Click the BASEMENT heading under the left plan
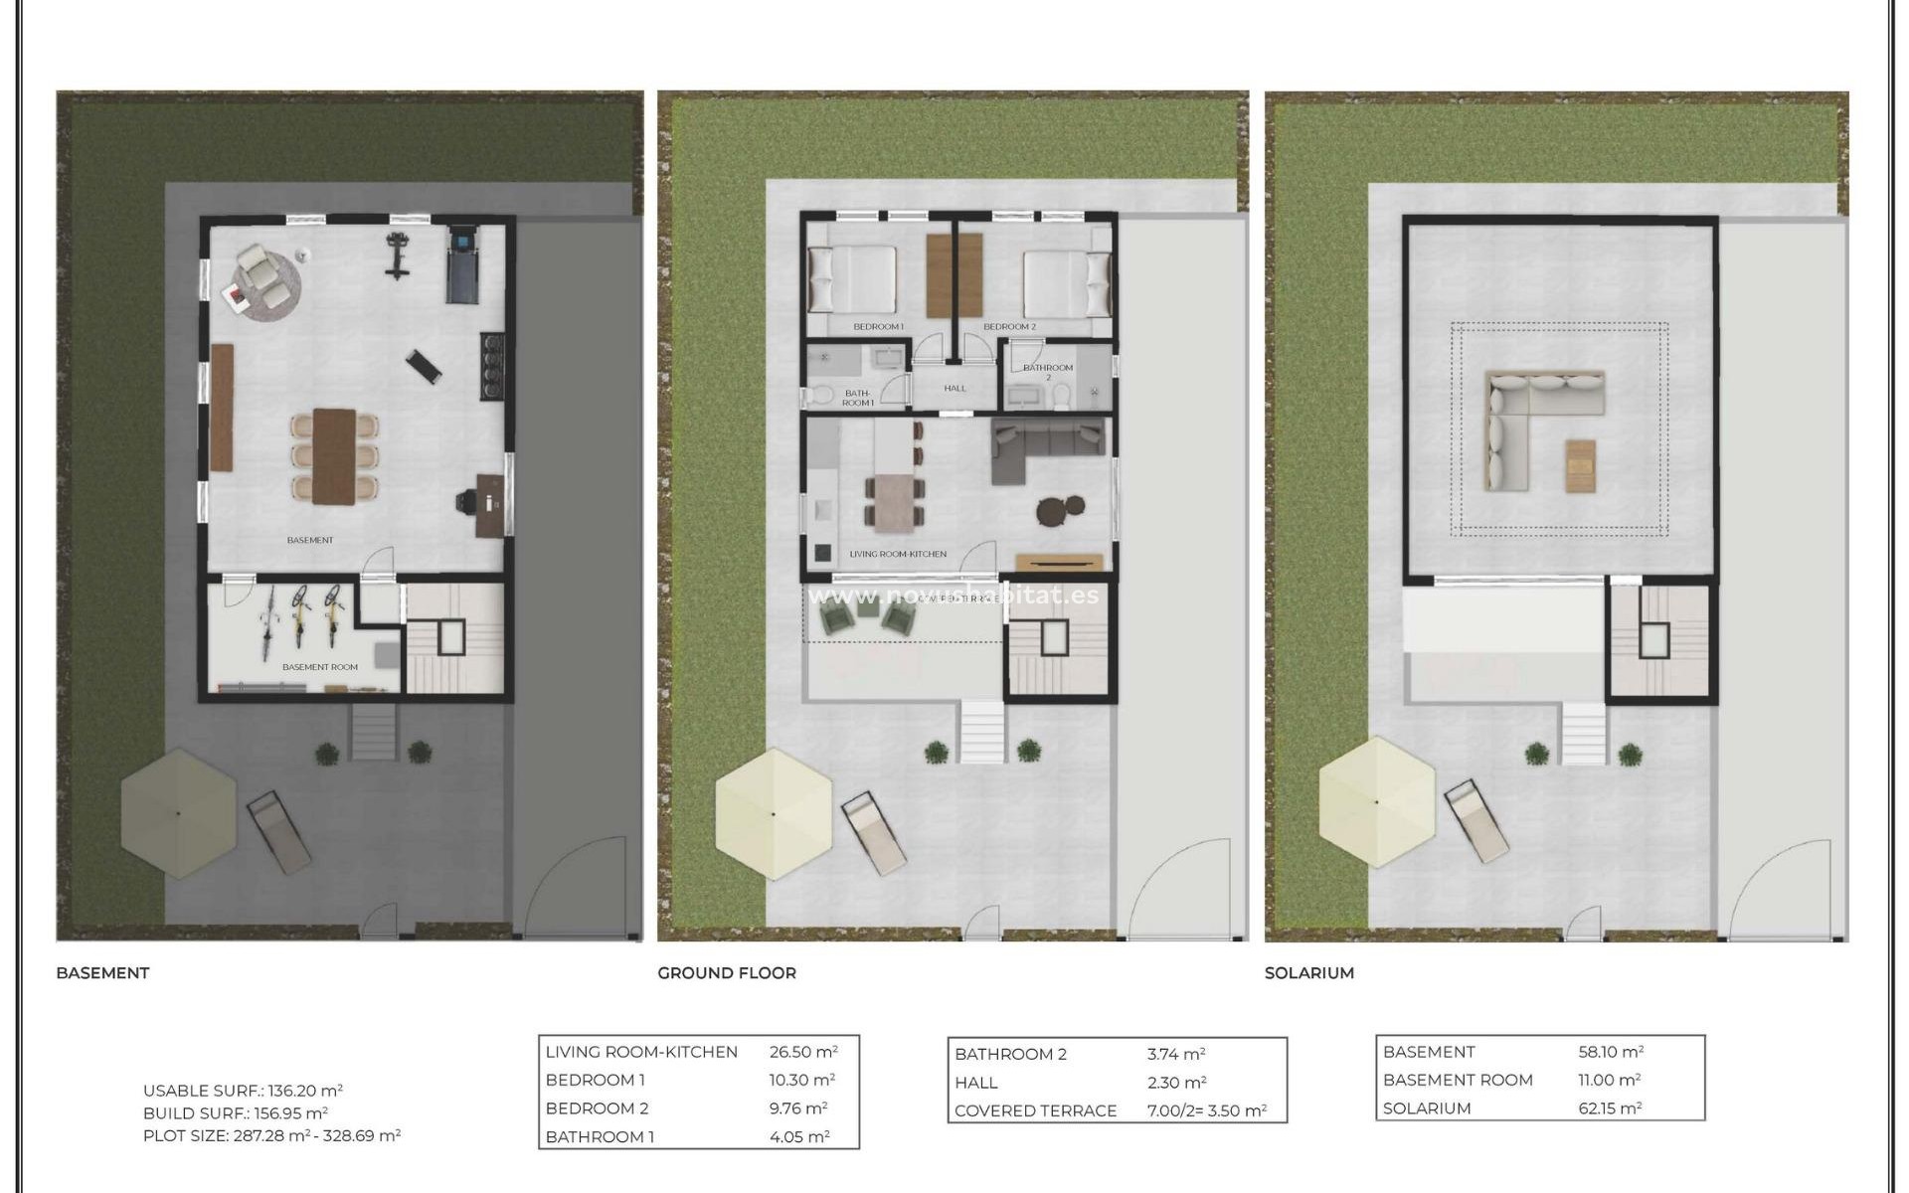(x=102, y=973)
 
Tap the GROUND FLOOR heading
(x=727, y=973)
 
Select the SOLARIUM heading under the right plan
(x=1308, y=973)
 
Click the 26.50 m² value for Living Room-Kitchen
(x=802, y=1052)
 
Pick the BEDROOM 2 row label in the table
(x=597, y=1108)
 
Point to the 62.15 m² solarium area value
(x=1610, y=1108)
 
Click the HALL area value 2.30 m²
(x=1176, y=1083)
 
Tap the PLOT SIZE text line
(x=271, y=1135)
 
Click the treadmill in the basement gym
(x=462, y=263)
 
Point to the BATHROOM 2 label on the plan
(x=1048, y=371)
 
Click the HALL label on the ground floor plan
(x=954, y=389)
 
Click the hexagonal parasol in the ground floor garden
(x=774, y=813)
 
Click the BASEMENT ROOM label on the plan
(x=319, y=667)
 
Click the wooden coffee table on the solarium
(x=1580, y=465)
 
